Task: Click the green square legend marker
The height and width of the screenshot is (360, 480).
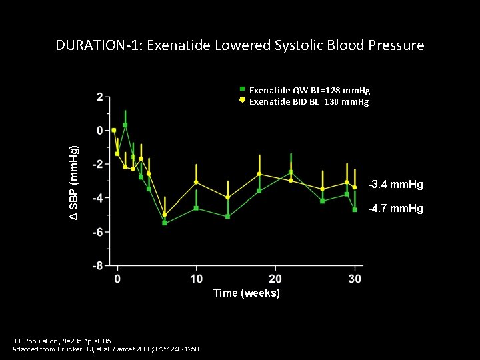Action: (243, 89)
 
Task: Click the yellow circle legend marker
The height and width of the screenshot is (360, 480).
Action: (243, 101)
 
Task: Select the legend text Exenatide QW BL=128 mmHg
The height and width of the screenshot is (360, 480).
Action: (309, 89)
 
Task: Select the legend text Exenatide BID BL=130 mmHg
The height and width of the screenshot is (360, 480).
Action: (309, 102)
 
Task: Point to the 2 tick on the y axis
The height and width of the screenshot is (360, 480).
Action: (99, 97)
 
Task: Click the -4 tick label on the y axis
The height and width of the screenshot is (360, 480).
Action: (97, 198)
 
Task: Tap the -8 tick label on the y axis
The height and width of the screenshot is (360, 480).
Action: (97, 265)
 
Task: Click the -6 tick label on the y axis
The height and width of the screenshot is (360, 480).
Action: (97, 232)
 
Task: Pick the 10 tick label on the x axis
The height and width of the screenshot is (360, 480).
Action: (196, 279)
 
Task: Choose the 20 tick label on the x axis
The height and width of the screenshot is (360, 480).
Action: (275, 279)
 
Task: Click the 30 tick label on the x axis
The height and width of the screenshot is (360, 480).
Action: (355, 279)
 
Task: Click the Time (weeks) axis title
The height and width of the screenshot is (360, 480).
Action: (246, 293)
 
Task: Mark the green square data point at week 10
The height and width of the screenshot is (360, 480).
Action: (196, 208)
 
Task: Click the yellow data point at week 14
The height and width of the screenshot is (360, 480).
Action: (228, 197)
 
